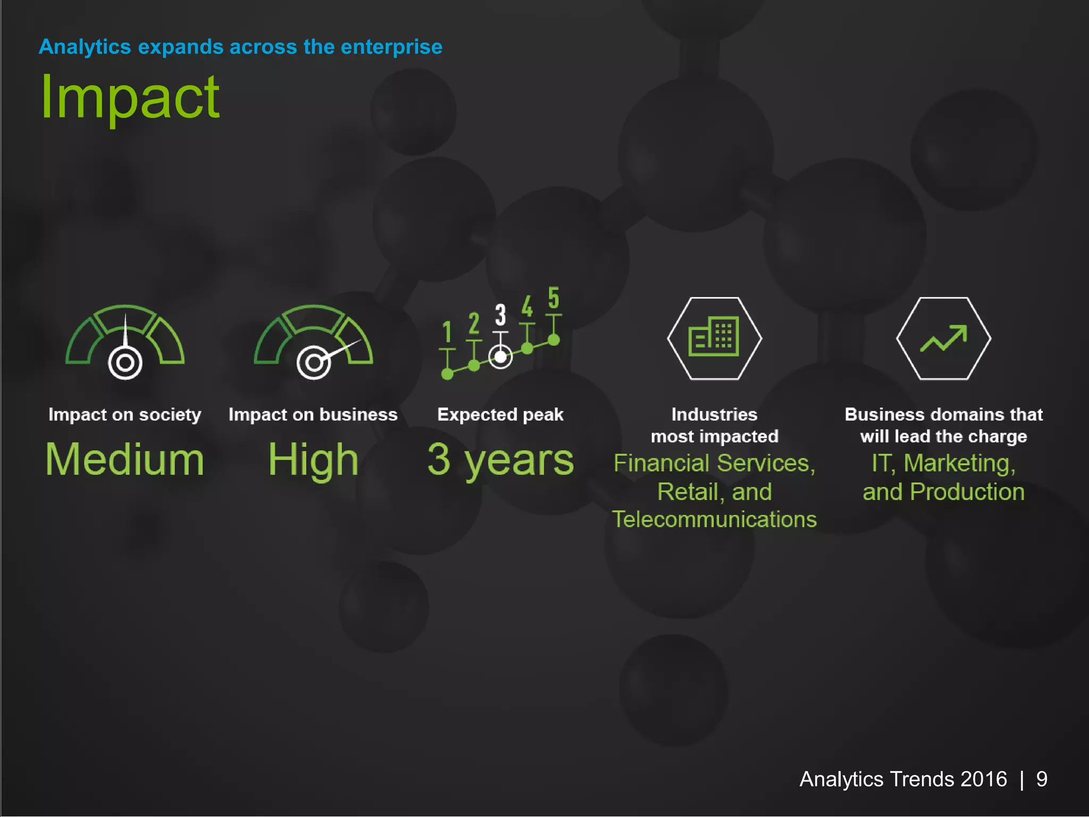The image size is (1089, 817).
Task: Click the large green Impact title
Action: (x=130, y=98)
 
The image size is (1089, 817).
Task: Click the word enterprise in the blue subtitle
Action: (x=391, y=47)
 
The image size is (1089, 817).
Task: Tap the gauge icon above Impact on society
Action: (x=125, y=343)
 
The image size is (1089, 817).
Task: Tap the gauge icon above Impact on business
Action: (x=313, y=343)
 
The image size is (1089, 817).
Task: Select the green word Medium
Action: (x=125, y=460)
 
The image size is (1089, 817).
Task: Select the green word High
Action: (x=313, y=460)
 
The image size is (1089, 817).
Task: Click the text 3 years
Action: (x=500, y=460)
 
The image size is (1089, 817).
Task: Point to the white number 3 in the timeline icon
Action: (x=500, y=315)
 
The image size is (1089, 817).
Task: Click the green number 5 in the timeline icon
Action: (x=554, y=298)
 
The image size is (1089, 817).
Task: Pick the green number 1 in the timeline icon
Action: (x=447, y=332)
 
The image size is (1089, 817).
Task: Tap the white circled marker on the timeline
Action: (x=500, y=357)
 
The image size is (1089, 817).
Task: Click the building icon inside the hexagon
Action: (x=714, y=337)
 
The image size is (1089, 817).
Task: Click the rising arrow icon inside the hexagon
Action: (x=943, y=338)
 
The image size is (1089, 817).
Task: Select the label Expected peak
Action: (x=500, y=414)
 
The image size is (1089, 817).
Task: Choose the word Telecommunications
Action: (x=714, y=520)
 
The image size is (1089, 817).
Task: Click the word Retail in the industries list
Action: (x=688, y=491)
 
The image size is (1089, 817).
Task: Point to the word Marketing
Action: (x=959, y=463)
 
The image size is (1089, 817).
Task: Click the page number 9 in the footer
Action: (x=1041, y=779)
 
